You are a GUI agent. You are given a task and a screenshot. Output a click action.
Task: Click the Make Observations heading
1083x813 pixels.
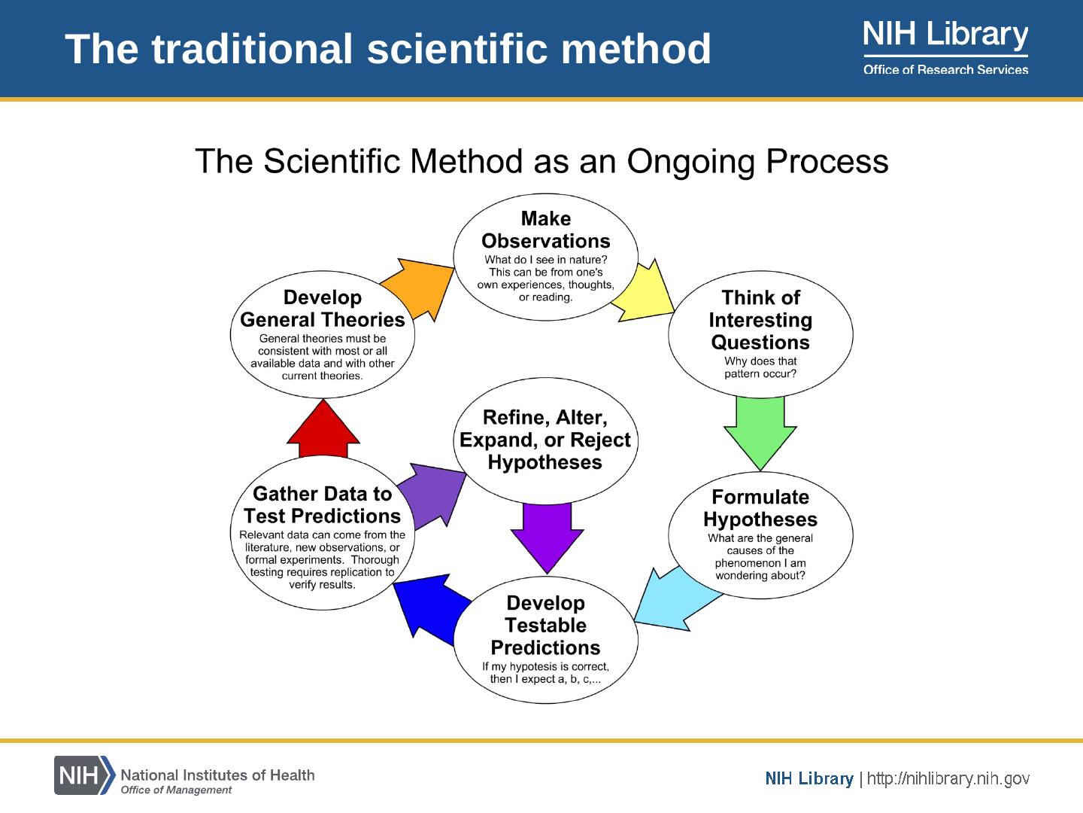click(x=546, y=230)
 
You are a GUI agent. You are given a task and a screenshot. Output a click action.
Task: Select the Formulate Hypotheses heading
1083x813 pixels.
click(x=760, y=508)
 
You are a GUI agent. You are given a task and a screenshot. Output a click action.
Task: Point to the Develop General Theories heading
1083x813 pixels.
click(x=323, y=309)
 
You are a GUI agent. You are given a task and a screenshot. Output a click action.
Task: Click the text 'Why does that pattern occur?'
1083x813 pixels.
click(x=760, y=367)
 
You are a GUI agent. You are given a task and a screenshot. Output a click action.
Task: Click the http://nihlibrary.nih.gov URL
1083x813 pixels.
click(x=948, y=778)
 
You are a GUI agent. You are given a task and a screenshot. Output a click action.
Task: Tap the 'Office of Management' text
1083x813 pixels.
click(x=177, y=790)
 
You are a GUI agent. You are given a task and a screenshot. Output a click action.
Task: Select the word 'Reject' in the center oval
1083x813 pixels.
click(x=600, y=440)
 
